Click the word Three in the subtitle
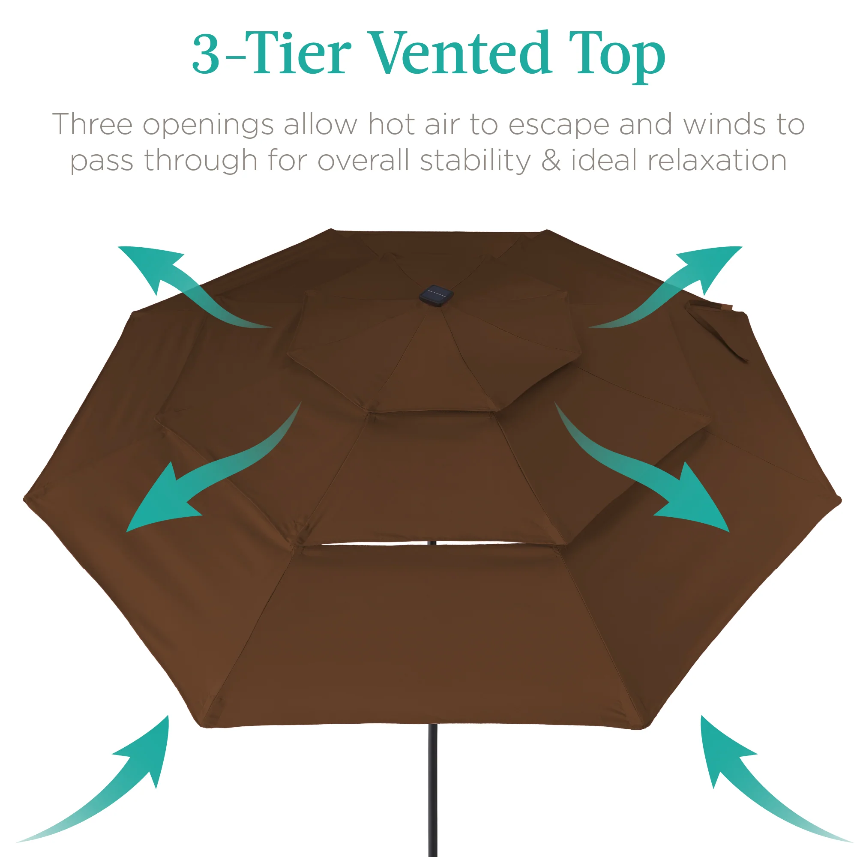click(92, 124)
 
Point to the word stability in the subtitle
click(475, 160)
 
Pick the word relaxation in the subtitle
click(679, 160)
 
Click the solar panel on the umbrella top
click(437, 295)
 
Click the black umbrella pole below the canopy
click(433, 791)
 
